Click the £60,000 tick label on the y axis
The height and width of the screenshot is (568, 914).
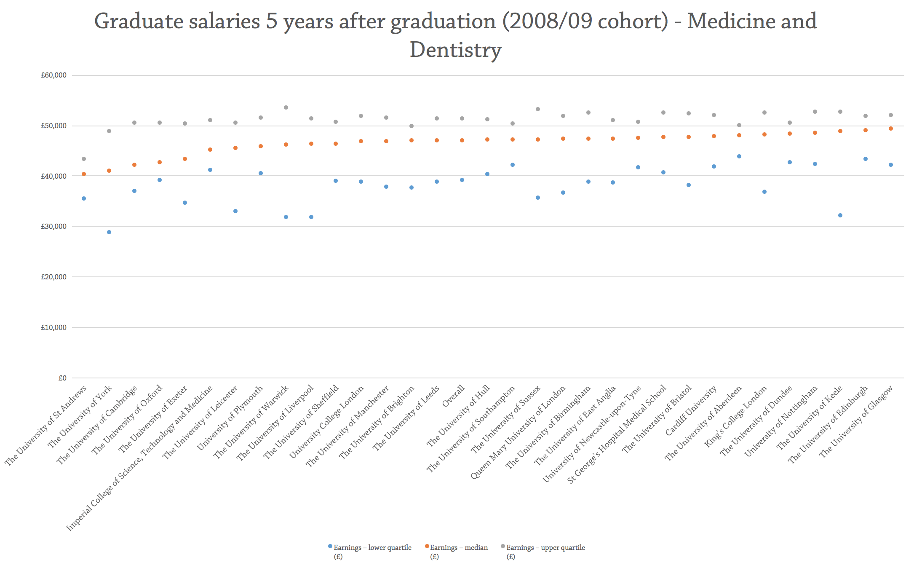click(53, 75)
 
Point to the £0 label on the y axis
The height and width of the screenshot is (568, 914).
click(62, 378)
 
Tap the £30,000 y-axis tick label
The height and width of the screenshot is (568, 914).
click(53, 227)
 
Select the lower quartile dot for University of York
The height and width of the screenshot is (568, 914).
click(109, 232)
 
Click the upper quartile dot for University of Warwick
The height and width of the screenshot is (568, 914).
click(286, 107)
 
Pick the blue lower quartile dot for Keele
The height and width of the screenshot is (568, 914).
click(840, 215)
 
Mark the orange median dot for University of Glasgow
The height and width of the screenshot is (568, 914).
click(891, 129)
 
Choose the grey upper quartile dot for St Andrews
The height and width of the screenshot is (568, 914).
click(84, 159)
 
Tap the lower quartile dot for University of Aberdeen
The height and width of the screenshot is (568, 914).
click(739, 156)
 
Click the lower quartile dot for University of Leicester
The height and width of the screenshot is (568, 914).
click(235, 211)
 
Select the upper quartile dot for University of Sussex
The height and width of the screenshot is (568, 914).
click(538, 109)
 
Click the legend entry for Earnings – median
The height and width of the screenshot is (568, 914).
click(458, 548)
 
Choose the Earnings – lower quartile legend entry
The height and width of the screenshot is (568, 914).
click(372, 548)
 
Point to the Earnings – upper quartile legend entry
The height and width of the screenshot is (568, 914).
click(545, 548)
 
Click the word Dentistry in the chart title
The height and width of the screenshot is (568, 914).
click(455, 50)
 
